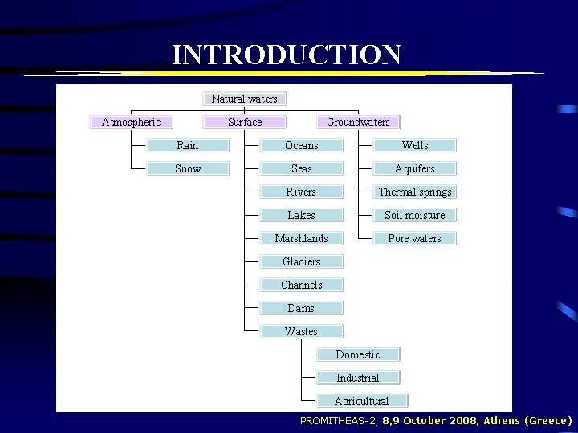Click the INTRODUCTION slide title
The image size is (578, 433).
[x=287, y=55]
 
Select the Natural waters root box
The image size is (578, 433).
[x=245, y=99]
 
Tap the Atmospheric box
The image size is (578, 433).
[x=131, y=122]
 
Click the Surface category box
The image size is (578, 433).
[x=245, y=122]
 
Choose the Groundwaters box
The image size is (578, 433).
[x=358, y=122]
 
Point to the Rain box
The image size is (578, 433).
[x=188, y=145]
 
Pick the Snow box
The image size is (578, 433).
[x=188, y=168]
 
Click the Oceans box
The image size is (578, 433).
[x=302, y=145]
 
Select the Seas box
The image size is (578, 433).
[x=302, y=168]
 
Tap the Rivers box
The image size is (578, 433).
[x=302, y=192]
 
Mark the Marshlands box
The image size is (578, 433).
[x=302, y=238]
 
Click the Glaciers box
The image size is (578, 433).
[x=302, y=261]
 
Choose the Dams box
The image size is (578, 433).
[x=302, y=308]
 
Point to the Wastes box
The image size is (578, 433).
[x=302, y=331]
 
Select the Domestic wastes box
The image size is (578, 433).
[x=358, y=354]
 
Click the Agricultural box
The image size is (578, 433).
[x=362, y=401]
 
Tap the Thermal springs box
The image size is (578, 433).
[x=415, y=192]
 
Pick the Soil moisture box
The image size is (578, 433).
[x=415, y=215]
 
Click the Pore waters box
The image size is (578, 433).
[x=415, y=238]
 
